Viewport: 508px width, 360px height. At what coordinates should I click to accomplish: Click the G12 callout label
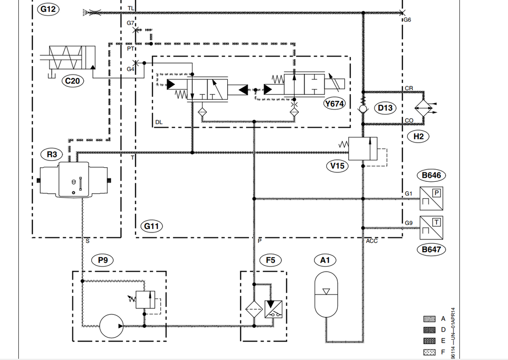[48, 9]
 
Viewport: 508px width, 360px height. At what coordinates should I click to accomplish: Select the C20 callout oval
[72, 81]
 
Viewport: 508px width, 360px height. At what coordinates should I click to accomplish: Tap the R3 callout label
[52, 154]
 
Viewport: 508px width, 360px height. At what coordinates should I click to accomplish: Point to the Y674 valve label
[334, 104]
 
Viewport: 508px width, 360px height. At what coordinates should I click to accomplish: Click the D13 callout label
[385, 108]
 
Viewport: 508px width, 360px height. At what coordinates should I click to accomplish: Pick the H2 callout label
[418, 136]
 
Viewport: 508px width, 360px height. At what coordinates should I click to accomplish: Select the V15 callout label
[337, 166]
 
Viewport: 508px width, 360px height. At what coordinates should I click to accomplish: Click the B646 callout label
[431, 175]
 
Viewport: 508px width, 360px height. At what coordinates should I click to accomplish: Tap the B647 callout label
[431, 249]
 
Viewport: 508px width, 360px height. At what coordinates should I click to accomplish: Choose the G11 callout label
[152, 226]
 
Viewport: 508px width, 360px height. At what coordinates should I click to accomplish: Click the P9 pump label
[103, 260]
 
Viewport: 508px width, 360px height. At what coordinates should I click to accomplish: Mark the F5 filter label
[270, 260]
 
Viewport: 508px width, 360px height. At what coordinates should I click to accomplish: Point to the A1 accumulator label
[325, 260]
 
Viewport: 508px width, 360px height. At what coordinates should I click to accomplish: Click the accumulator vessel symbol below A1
[326, 294]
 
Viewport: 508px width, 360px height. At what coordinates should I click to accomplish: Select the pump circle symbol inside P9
[112, 326]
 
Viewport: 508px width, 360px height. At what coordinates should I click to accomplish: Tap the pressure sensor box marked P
[431, 199]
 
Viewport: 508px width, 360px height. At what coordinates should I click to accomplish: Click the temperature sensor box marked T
[431, 228]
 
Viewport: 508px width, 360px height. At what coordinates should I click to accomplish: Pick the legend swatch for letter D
[429, 330]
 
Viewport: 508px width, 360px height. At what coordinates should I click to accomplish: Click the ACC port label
[372, 241]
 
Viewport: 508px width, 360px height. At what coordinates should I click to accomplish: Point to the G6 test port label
[407, 20]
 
